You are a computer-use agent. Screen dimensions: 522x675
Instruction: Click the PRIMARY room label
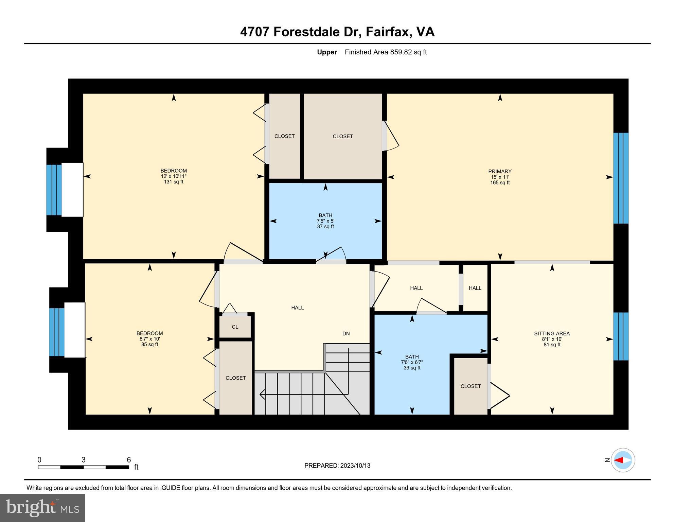500,172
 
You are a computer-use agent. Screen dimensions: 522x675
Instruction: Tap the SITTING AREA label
552,334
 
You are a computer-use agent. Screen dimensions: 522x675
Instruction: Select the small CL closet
235,327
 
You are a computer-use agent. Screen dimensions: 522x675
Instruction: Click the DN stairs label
346,334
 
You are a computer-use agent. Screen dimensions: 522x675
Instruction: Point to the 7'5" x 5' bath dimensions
325,221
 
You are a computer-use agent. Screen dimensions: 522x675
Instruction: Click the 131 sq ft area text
174,182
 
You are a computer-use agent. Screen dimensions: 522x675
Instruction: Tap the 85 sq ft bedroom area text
149,345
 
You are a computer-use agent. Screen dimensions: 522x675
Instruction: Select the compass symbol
623,460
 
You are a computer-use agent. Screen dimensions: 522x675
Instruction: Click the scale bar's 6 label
129,460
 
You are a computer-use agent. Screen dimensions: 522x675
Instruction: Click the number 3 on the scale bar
84,460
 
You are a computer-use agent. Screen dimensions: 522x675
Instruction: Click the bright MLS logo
42,508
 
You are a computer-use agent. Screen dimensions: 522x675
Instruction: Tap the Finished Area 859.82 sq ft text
386,52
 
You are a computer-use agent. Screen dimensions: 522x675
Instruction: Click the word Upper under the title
327,52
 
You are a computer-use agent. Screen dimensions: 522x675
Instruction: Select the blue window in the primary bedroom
621,178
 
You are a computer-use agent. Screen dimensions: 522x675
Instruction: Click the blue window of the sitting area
621,336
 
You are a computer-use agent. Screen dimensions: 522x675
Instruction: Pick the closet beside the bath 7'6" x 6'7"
470,386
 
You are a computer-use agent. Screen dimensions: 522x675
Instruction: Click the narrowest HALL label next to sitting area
475,288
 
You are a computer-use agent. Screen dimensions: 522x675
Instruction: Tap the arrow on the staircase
262,394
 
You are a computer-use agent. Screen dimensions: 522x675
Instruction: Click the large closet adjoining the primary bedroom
342,136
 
